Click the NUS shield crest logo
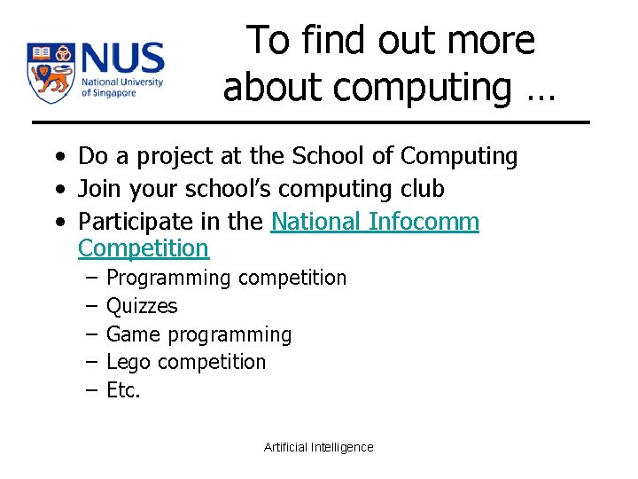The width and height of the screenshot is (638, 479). pyautogui.click(x=50, y=73)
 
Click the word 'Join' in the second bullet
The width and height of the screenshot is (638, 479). pyautogui.click(x=98, y=189)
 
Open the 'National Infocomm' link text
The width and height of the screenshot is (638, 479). pyautogui.click(x=375, y=221)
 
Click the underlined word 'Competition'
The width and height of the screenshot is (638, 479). pyautogui.click(x=144, y=247)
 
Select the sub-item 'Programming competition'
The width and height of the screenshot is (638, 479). pyautogui.click(x=226, y=279)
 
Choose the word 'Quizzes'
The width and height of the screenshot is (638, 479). pyautogui.click(x=142, y=307)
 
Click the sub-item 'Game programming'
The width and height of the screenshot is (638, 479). pyautogui.click(x=198, y=335)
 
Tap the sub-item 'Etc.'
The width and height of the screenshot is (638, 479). pyautogui.click(x=123, y=390)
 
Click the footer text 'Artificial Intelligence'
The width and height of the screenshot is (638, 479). pyautogui.click(x=319, y=447)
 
